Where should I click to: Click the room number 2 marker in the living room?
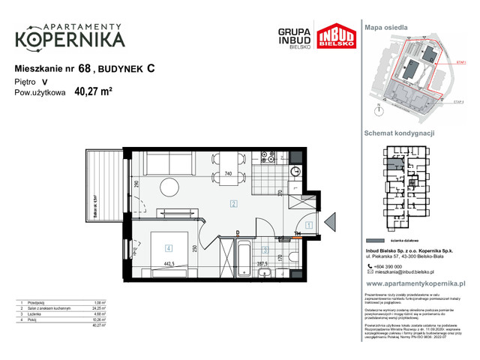[x=233, y=203]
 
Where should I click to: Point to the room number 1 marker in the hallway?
[x=309, y=225]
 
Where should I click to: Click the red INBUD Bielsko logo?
[x=332, y=36]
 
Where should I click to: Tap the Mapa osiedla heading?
[x=385, y=26]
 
